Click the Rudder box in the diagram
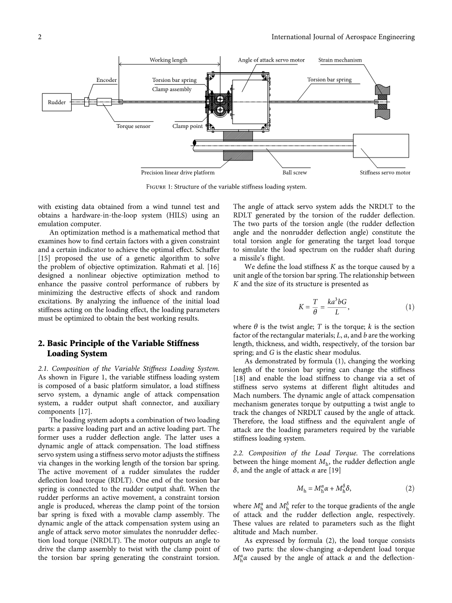click(57, 102)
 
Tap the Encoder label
click(107, 80)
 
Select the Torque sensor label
click(133, 126)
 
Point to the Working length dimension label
click(168, 60)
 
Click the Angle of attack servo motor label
click(271, 60)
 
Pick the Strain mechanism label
click(340, 60)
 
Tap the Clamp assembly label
click(171, 89)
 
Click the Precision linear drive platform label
click(178, 173)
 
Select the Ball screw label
click(295, 173)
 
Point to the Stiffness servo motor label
click(385, 173)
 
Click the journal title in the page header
click(343, 37)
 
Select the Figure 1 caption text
click(226, 187)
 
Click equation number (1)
click(409, 307)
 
